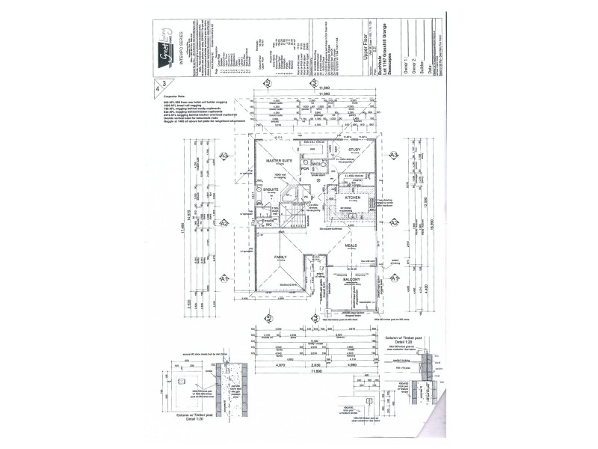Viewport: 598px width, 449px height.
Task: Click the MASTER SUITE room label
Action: click(x=279, y=161)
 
